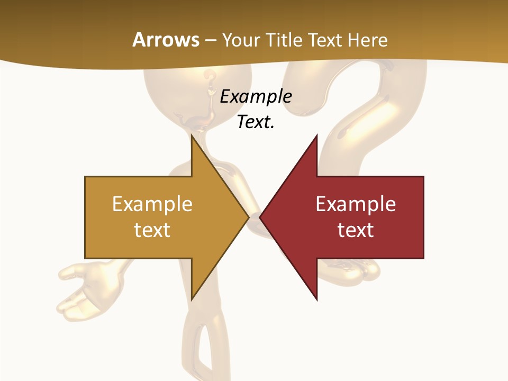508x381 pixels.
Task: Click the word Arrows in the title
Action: (x=166, y=40)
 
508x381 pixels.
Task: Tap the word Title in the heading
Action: (x=283, y=40)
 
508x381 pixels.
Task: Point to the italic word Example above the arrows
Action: (x=256, y=97)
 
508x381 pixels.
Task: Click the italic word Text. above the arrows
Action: (x=256, y=122)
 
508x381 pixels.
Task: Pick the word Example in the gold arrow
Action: (x=152, y=204)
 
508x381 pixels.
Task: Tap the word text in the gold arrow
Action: (x=152, y=230)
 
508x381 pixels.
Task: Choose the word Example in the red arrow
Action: (x=356, y=204)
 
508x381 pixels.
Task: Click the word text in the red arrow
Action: (x=356, y=230)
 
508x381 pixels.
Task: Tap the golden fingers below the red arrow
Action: (x=365, y=270)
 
